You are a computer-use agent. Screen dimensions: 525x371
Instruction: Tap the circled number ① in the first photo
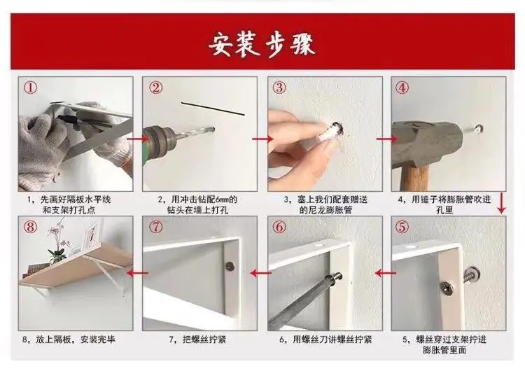pyautogui.click(x=31, y=88)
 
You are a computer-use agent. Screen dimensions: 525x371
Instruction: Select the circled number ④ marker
pyautogui.click(x=402, y=88)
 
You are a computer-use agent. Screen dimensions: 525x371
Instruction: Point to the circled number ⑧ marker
pyautogui.click(x=30, y=227)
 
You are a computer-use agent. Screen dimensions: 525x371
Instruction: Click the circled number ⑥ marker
pyautogui.click(x=279, y=227)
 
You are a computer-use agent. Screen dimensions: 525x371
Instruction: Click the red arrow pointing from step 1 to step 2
pyautogui.click(x=138, y=138)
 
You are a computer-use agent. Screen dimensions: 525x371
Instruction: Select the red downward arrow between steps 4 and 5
pyautogui.click(x=501, y=202)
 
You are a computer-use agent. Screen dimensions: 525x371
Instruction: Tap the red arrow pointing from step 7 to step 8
pyautogui.click(x=137, y=273)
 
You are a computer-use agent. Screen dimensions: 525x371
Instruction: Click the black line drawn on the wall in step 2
pyautogui.click(x=213, y=108)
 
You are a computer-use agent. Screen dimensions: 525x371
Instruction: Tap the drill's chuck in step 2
pyautogui.click(x=158, y=140)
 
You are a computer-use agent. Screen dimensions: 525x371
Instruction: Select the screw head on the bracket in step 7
pyautogui.click(x=230, y=266)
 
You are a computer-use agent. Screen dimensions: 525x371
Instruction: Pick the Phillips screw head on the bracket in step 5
pyautogui.click(x=447, y=287)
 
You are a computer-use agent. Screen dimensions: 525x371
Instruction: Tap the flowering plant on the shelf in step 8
pyautogui.click(x=57, y=241)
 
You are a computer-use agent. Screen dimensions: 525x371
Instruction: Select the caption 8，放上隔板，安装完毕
pyautogui.click(x=69, y=339)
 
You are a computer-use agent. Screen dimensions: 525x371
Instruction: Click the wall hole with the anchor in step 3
pyautogui.click(x=336, y=129)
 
